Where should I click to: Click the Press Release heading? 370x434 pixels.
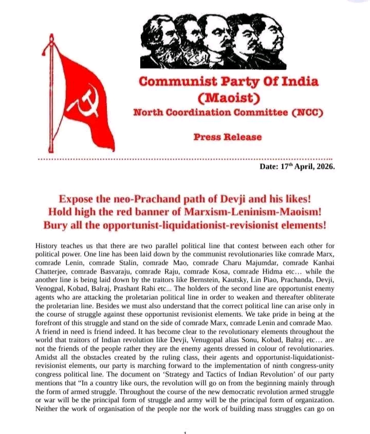[228, 137]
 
